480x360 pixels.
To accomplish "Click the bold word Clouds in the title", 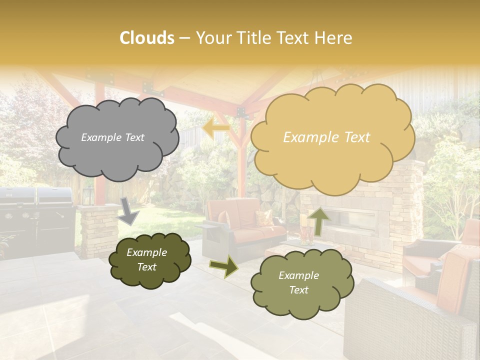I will coord(147,38).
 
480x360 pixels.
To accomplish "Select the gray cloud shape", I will coord(117,138).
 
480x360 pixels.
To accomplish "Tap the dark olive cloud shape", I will coord(149,260).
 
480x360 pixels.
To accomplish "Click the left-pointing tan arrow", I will coord(216,128).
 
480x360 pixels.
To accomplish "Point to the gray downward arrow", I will coord(129,210).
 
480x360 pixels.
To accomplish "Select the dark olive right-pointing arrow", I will coord(224,266).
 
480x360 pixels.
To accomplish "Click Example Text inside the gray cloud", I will coord(112,137).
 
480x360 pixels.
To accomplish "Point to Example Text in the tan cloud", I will coord(326,137).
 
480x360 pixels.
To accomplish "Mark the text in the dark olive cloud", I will coord(146,260).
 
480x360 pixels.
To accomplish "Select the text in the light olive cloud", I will coord(298,283).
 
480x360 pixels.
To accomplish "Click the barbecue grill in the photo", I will coord(37,215).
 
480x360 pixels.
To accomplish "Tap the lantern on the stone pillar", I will coord(88,196).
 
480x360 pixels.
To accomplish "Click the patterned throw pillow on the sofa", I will coord(264,217).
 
